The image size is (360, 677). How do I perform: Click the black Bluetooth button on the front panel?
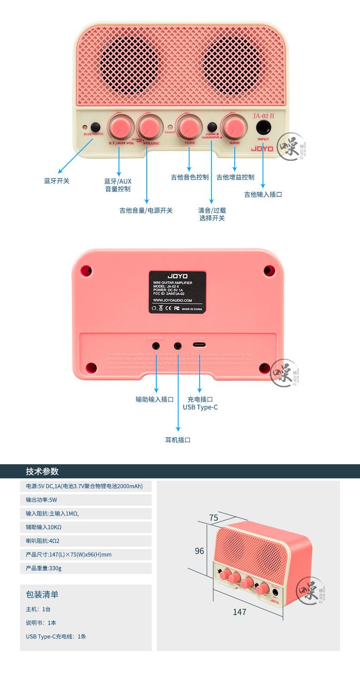coord(95,127)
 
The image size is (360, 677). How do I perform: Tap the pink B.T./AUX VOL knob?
coord(120,126)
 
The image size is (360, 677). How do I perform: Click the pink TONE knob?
coord(189,126)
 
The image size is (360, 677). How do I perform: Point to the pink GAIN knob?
coord(234,126)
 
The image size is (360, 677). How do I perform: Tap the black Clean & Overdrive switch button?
coord(212,127)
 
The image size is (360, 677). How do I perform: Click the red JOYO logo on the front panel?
coord(262,149)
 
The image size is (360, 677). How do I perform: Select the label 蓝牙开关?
coord(57,181)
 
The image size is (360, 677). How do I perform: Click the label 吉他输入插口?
coord(263,195)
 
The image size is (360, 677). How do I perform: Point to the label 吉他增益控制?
coord(235,177)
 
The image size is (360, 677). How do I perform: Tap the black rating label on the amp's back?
coord(177,292)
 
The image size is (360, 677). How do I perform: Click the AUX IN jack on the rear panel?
coord(156,346)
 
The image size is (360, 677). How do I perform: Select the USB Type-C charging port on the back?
coord(200,346)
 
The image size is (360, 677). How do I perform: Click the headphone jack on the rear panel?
coord(178,346)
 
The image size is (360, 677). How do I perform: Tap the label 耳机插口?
coord(178,440)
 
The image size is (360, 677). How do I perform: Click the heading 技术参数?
coord(42,472)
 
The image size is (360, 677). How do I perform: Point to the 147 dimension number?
coord(239,612)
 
